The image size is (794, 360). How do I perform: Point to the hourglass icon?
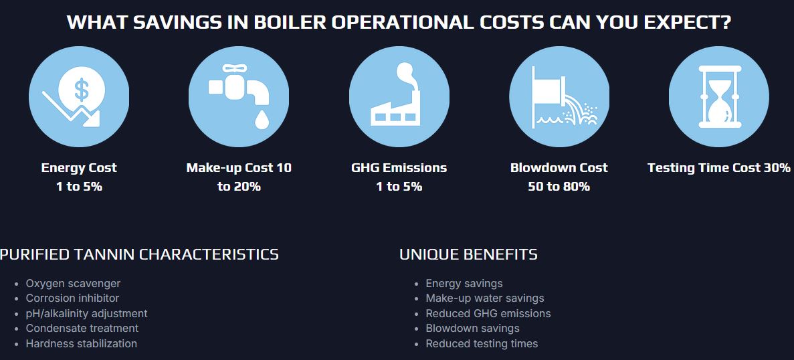pos(719,96)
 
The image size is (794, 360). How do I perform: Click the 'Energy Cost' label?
pos(79,167)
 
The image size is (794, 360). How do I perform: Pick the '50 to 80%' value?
pos(559,186)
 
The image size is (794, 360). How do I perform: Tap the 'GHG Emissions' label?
pos(399,167)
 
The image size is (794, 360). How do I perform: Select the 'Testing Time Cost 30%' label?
pos(719,167)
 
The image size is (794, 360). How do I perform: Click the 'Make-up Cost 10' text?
pos(239,167)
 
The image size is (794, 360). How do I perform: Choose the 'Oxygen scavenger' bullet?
pos(73,284)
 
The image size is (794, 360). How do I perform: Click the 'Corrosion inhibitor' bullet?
pos(72,298)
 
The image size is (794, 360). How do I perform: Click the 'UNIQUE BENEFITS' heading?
pos(468,254)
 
